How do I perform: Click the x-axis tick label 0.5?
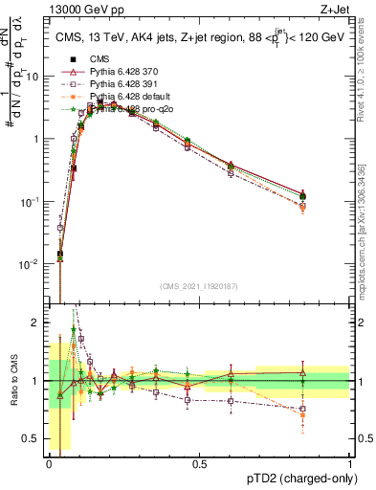tap(199, 462)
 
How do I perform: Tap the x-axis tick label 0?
tap(49, 462)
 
